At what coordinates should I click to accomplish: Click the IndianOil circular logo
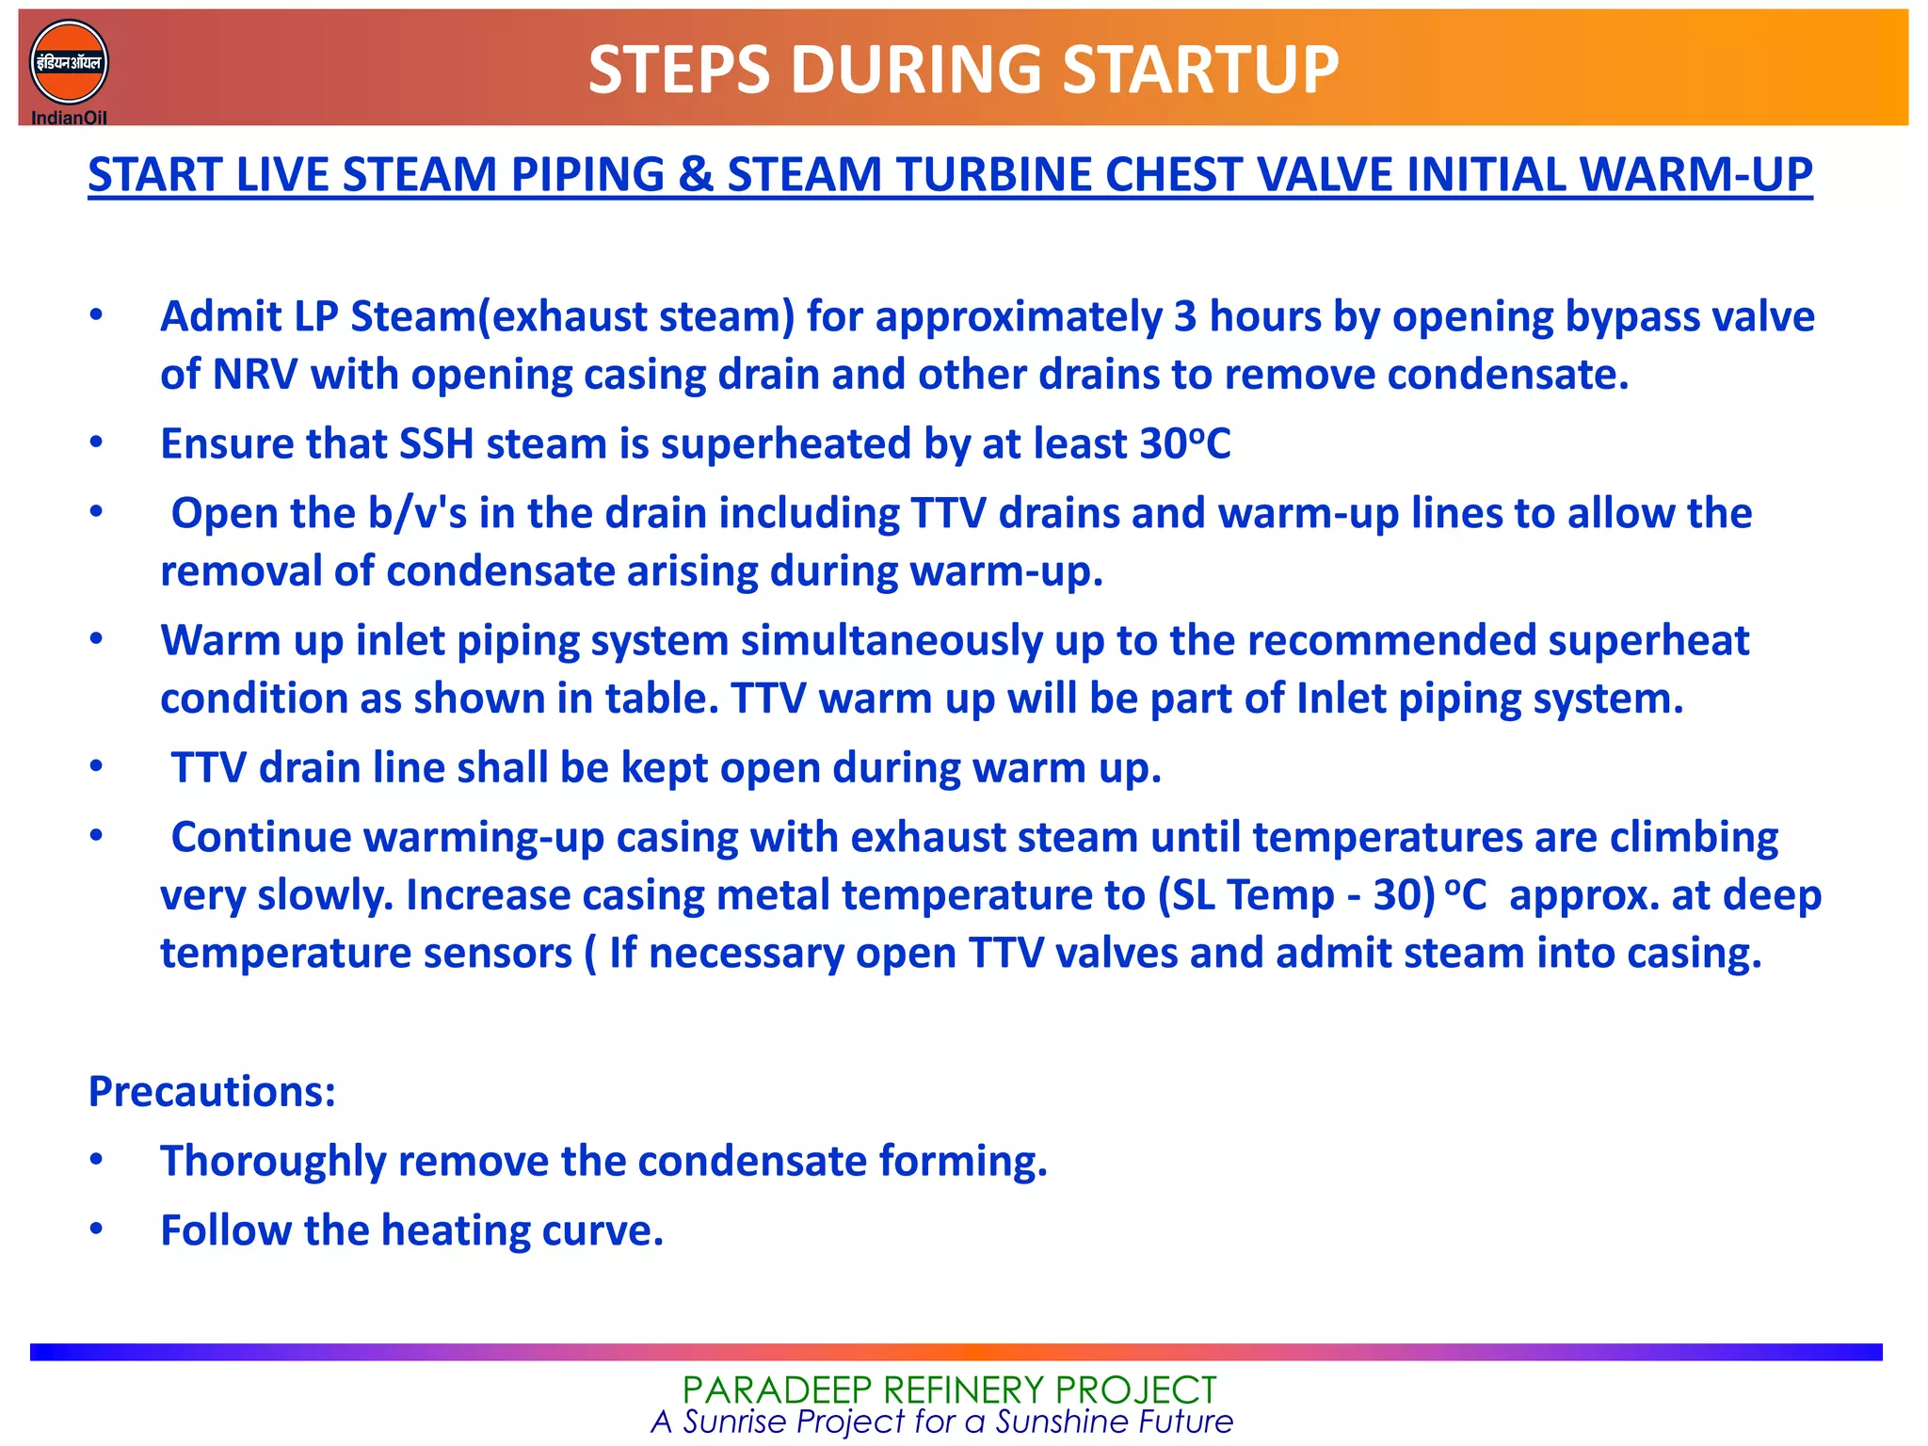click(69, 63)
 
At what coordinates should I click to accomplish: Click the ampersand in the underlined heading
click(696, 175)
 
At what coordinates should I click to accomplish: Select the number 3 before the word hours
click(1185, 317)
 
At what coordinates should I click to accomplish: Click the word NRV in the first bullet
click(254, 375)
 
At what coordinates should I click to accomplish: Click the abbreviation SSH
click(437, 444)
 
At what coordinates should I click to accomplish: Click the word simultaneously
click(892, 641)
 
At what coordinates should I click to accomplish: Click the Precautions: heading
click(212, 1092)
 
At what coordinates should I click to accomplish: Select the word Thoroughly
click(273, 1162)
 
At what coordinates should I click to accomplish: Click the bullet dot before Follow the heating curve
click(96, 1229)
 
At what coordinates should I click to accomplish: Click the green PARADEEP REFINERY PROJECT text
click(949, 1390)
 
